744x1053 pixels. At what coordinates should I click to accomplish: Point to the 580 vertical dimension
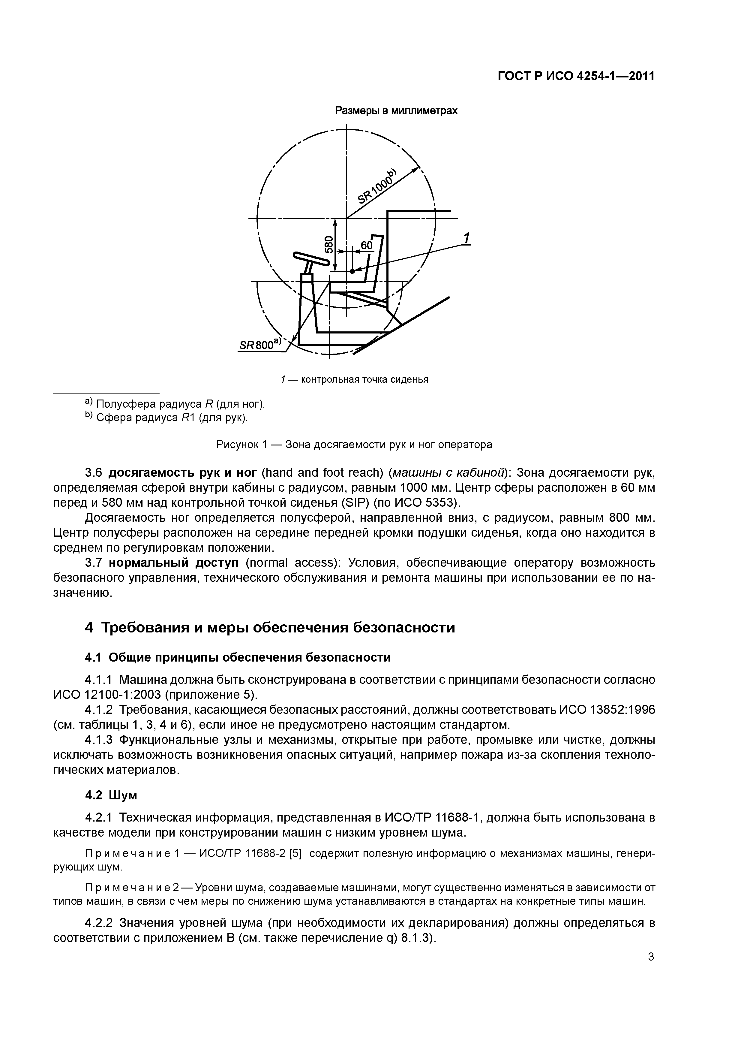328,244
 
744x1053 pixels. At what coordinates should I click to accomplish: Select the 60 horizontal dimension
366,246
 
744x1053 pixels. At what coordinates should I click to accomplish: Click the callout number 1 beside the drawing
467,238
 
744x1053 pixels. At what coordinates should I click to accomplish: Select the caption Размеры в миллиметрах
397,111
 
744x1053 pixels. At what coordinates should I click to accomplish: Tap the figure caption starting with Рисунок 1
354,445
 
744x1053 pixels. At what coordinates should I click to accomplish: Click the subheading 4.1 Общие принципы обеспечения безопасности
238,657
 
